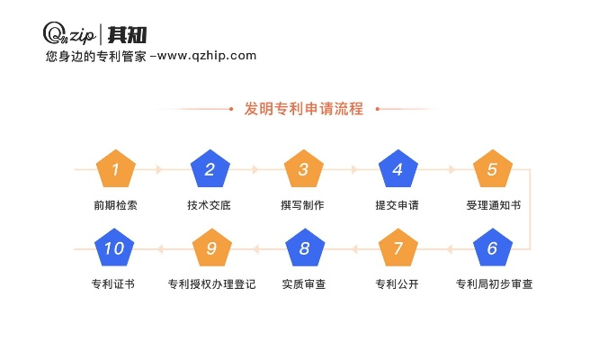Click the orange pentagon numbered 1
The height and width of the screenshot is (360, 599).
[116, 169]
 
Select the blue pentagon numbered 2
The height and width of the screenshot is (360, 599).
[210, 169]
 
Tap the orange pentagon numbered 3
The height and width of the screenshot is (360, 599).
[304, 169]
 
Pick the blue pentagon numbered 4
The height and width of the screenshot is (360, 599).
[398, 169]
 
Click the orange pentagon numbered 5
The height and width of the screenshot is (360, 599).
[492, 169]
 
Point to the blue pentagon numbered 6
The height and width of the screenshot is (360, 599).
[492, 249]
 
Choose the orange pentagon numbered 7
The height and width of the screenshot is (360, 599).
[398, 249]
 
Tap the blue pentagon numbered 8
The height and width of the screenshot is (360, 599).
[304, 249]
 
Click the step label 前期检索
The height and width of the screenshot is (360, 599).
[115, 205]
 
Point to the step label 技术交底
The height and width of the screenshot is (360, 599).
[210, 205]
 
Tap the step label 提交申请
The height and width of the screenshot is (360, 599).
[398, 205]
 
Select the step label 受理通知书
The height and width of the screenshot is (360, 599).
[493, 205]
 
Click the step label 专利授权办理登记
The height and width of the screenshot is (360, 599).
[211, 284]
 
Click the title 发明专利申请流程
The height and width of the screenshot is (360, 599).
[304, 109]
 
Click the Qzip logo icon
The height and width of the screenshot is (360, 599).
[56, 33]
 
